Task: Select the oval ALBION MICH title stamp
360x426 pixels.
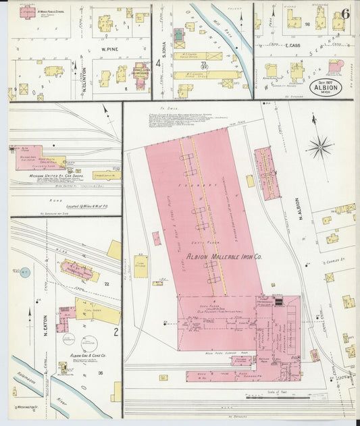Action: (326, 88)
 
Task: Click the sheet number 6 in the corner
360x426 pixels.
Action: (345, 13)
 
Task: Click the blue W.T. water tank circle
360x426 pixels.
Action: (25, 273)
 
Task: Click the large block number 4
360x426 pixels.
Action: (159, 63)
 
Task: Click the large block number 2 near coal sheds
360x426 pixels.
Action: (115, 331)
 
